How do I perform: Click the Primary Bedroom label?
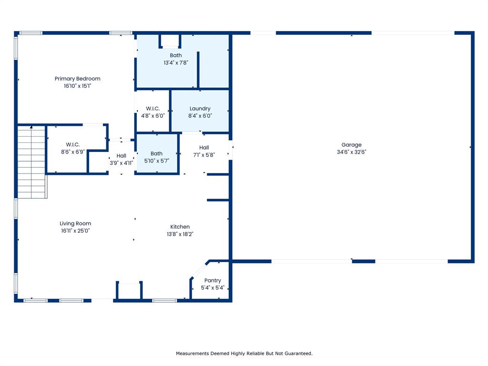[78, 79]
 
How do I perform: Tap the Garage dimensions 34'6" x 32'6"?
[351, 152]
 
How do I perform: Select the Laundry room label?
[200, 109]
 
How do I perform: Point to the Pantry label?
[213, 280]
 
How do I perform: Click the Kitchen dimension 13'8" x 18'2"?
[180, 234]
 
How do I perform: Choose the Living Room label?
[75, 224]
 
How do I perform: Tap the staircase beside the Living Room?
[32, 162]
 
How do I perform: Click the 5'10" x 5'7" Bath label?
[156, 153]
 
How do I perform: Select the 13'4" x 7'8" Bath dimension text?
[176, 62]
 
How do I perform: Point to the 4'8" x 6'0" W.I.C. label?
[153, 109]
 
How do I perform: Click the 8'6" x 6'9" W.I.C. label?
[73, 144]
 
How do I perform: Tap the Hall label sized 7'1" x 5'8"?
[204, 148]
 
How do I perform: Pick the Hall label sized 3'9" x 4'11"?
[122, 156]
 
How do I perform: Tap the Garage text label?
[351, 145]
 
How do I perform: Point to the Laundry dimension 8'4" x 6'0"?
[200, 116]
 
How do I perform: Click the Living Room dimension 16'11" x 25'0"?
[75, 231]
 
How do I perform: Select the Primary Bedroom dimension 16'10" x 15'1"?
[78, 86]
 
